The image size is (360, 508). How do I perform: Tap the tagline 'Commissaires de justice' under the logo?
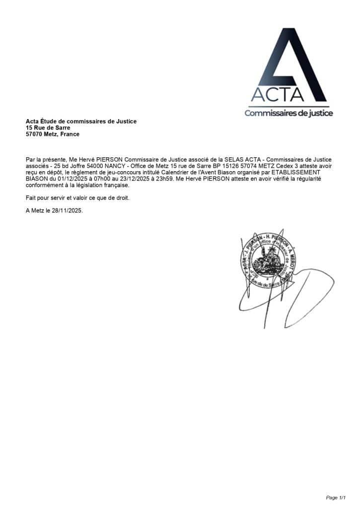(288, 113)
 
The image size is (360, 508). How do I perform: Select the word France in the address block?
(70, 134)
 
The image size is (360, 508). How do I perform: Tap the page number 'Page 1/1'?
(336, 497)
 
